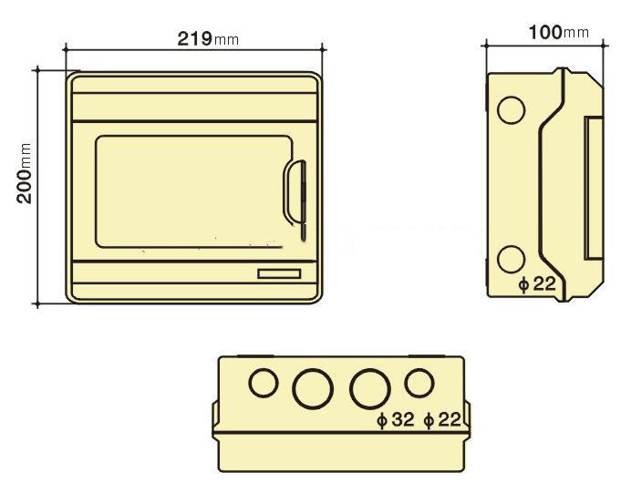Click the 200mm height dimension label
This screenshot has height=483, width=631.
pyautogui.click(x=25, y=174)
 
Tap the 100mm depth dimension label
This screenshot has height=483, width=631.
pyautogui.click(x=558, y=33)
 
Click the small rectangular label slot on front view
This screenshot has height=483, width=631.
pyautogui.click(x=278, y=273)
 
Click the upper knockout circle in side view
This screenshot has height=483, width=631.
pyautogui.click(x=511, y=110)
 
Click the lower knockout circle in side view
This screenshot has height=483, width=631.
pyautogui.click(x=511, y=259)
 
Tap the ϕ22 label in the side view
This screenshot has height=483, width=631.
pyautogui.click(x=537, y=284)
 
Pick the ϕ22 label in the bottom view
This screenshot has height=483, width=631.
pyautogui.click(x=442, y=420)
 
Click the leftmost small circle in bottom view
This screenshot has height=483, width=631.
pyautogui.click(x=264, y=383)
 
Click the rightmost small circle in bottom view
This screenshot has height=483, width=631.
pyautogui.click(x=419, y=383)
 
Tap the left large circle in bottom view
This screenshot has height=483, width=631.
pyautogui.click(x=311, y=389)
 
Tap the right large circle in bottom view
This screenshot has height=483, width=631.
pyautogui.click(x=369, y=389)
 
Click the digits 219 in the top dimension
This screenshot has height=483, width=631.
pyautogui.click(x=193, y=38)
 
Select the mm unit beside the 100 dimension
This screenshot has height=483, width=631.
pyautogui.click(x=575, y=34)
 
